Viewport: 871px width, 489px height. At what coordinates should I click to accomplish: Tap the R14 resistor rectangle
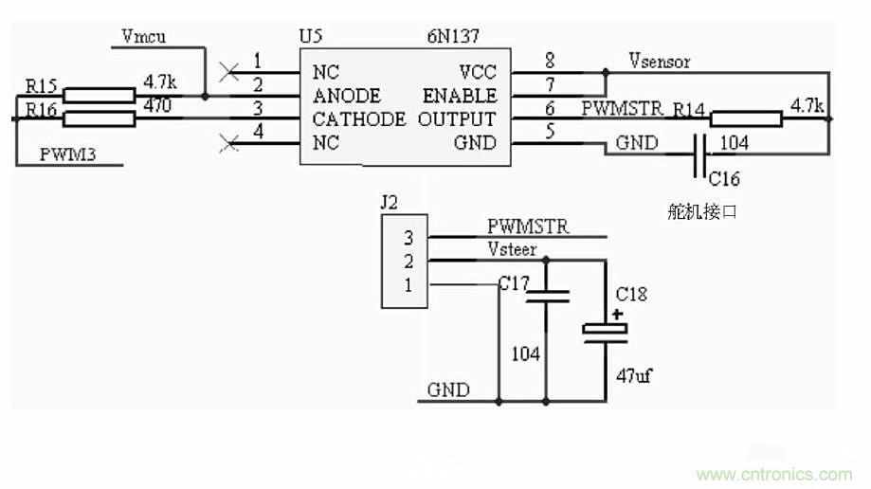(x=745, y=118)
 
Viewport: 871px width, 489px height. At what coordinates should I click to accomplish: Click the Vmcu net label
(x=144, y=36)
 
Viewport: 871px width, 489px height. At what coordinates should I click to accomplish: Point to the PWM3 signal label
(x=67, y=154)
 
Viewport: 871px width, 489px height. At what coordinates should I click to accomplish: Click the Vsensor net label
(x=660, y=62)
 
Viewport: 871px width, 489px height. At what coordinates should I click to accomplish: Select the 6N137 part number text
(x=453, y=37)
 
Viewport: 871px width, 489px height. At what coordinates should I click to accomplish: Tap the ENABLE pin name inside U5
(x=460, y=96)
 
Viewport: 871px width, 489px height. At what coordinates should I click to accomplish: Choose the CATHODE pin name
(x=358, y=119)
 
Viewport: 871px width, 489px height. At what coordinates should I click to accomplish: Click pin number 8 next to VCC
(x=549, y=61)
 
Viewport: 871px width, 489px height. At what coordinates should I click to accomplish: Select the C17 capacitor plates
(x=547, y=298)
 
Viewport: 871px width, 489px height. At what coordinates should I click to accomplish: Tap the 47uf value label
(x=632, y=375)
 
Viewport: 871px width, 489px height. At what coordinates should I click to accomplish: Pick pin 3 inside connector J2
(x=408, y=237)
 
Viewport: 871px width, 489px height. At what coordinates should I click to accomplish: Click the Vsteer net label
(x=512, y=250)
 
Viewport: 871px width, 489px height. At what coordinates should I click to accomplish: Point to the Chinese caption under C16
(x=701, y=212)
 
